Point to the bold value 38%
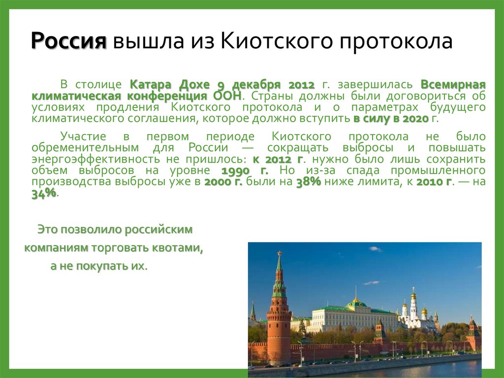[x=309, y=181]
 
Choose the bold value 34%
[x=44, y=194]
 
